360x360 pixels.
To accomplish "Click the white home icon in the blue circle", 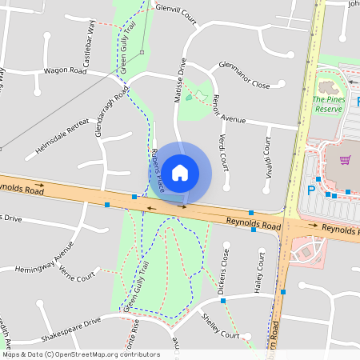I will click(x=180, y=172).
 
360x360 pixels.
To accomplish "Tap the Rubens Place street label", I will click(x=158, y=170).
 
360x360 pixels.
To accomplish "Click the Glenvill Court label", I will click(x=176, y=11).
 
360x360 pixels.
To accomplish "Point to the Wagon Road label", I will click(x=66, y=70).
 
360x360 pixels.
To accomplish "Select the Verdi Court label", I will click(x=222, y=152).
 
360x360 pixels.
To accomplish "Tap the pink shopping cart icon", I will click(x=345, y=160).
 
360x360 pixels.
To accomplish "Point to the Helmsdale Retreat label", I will click(x=63, y=136).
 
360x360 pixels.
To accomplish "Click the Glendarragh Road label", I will click(x=112, y=111).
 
